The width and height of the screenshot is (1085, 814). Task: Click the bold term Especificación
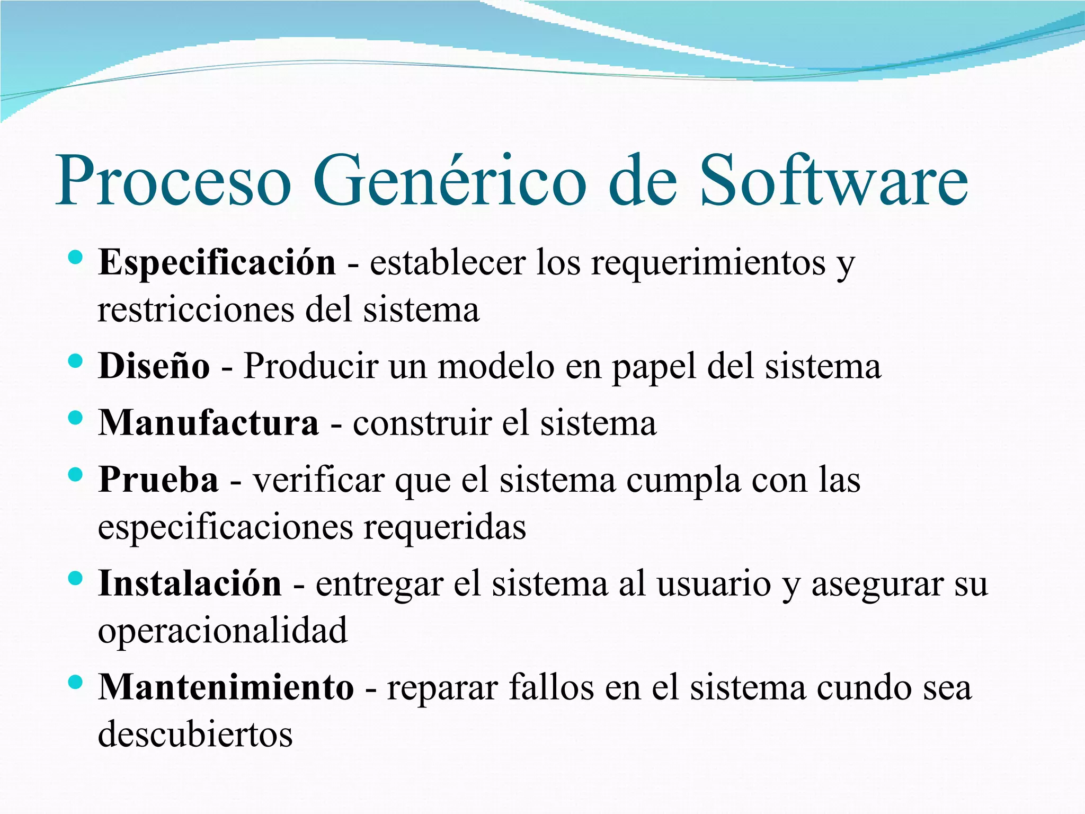coord(217,263)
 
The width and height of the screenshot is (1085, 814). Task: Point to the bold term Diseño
coord(154,367)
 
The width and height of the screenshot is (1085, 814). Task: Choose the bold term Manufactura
coord(209,423)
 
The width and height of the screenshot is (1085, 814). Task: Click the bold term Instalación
coord(190,584)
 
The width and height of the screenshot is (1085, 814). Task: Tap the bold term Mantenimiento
coord(226,688)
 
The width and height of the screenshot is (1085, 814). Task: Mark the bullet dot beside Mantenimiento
coord(76,683)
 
